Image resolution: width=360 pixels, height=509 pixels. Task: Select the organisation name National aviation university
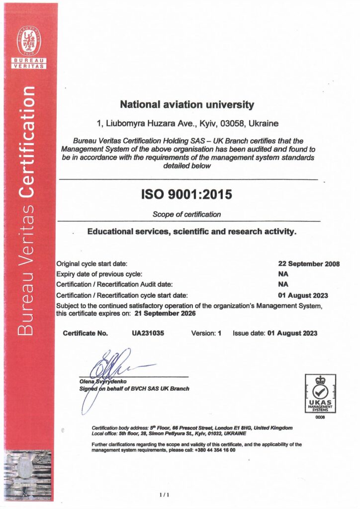(187, 105)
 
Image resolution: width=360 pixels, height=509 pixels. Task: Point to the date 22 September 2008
(308, 263)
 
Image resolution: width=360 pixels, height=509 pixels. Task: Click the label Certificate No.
(85, 333)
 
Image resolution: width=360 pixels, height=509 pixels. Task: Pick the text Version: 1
(206, 333)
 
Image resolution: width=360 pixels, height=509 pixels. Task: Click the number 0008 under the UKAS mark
(320, 418)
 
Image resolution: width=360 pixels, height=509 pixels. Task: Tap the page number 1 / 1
(164, 495)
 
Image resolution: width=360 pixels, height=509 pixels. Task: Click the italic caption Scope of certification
(187, 215)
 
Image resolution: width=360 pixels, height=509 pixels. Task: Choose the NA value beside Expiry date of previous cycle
(283, 274)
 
